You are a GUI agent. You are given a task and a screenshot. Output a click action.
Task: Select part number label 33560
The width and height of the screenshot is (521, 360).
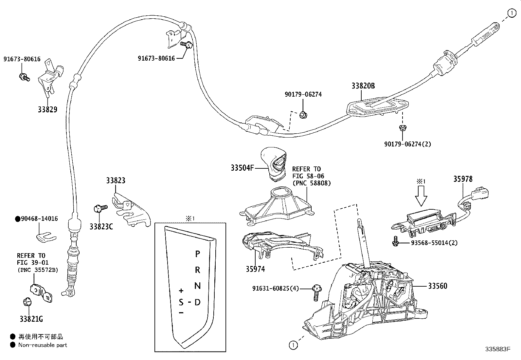(x=438, y=286)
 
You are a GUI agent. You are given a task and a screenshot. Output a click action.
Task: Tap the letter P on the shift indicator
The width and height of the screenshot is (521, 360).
(x=197, y=254)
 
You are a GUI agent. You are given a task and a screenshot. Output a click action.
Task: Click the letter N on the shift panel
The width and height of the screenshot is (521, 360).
(x=197, y=286)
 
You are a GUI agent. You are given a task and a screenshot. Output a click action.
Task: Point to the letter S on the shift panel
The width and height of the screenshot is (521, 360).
(x=181, y=302)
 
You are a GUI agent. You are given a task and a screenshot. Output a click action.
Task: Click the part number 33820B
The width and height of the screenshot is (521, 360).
(x=363, y=86)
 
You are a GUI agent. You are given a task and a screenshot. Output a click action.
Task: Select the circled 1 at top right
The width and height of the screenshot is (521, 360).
(x=512, y=13)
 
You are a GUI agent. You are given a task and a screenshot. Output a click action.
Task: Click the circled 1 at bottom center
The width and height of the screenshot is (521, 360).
(x=293, y=345)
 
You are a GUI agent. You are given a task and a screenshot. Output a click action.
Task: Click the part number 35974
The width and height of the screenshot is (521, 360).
(x=255, y=269)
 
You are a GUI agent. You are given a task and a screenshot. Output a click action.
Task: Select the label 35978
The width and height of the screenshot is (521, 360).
(x=463, y=179)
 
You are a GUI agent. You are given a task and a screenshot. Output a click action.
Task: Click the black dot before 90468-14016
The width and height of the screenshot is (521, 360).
(x=17, y=219)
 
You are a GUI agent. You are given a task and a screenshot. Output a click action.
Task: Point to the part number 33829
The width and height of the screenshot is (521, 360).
(x=47, y=109)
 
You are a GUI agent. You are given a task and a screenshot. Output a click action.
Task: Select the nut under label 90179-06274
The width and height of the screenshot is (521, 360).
(x=303, y=115)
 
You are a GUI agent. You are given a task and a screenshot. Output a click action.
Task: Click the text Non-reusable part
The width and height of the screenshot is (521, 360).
(x=43, y=345)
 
